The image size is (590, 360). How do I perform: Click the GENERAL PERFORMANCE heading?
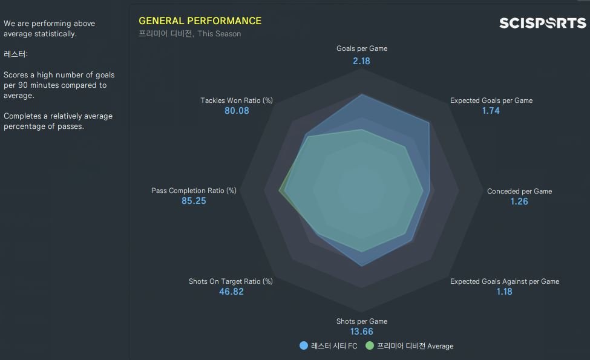pos(200,21)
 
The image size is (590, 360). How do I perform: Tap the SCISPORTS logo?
pos(542,23)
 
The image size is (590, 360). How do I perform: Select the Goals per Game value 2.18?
pos(362,61)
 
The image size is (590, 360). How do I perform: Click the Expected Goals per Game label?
pos(491,100)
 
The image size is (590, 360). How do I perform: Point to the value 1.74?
pos(491,111)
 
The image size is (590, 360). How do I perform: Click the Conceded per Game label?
pos(519,191)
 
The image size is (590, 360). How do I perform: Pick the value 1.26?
pos(519,201)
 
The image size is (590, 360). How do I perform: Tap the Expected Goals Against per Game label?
pos(505,281)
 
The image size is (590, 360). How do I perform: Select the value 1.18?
pos(504,292)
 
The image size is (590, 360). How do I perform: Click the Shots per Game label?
pos(362,321)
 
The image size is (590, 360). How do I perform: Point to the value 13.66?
pos(362,332)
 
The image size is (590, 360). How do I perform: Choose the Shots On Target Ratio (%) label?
pos(231,281)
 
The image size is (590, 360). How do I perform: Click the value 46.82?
pos(231,292)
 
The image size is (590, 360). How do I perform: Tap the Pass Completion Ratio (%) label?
pos(194,191)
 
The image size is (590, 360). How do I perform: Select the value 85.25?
pos(194,201)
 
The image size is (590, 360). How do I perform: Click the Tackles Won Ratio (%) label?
pos(237,100)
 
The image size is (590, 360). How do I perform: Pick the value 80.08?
pos(237,111)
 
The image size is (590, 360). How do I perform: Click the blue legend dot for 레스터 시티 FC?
pos(304,346)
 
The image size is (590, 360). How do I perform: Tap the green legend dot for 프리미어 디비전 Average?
pos(370,346)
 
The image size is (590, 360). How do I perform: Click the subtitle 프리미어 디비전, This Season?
pos(190,34)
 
